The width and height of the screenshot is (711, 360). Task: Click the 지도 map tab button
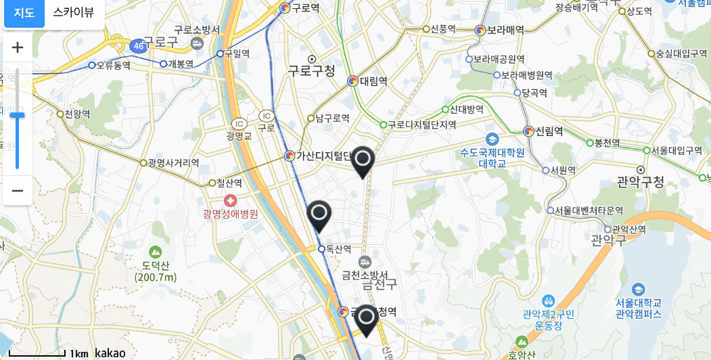24,12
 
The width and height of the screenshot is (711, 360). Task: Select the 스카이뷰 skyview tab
74,12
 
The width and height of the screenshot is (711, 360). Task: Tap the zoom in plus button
18,47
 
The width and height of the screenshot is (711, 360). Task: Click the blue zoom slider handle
18,115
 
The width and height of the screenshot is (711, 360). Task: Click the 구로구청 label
311,70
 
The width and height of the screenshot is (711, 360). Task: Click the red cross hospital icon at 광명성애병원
231,200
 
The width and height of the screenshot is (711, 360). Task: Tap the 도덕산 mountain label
156,265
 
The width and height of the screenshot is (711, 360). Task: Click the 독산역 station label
338,249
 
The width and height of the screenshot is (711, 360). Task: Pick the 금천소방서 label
365,275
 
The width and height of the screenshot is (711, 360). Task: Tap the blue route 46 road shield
139,46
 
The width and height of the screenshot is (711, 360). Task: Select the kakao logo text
110,353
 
